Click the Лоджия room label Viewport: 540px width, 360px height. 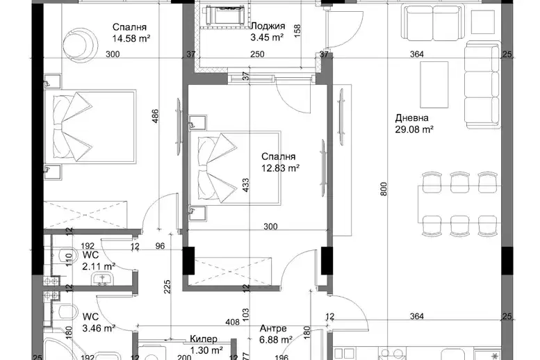click(x=268, y=26)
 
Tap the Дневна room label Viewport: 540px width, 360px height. click(x=411, y=118)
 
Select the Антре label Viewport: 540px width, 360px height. click(x=273, y=328)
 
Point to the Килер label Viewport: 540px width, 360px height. click(x=204, y=339)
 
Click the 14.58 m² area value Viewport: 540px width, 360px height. click(x=131, y=38)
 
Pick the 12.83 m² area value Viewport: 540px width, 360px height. click(x=280, y=168)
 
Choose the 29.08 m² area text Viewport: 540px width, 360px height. click(x=414, y=129)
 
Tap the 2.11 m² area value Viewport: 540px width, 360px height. click(x=99, y=266)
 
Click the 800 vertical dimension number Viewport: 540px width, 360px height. click(x=384, y=189)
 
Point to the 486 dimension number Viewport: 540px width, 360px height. click(x=155, y=116)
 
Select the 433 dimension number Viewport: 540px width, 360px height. click(x=245, y=185)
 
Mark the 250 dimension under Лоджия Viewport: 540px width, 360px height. click(x=257, y=54)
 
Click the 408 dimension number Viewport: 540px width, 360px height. click(x=232, y=322)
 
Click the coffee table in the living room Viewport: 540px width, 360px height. click(x=434, y=85)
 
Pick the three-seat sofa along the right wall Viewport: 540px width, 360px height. click(x=482, y=85)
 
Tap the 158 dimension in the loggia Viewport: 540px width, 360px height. click(x=298, y=31)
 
